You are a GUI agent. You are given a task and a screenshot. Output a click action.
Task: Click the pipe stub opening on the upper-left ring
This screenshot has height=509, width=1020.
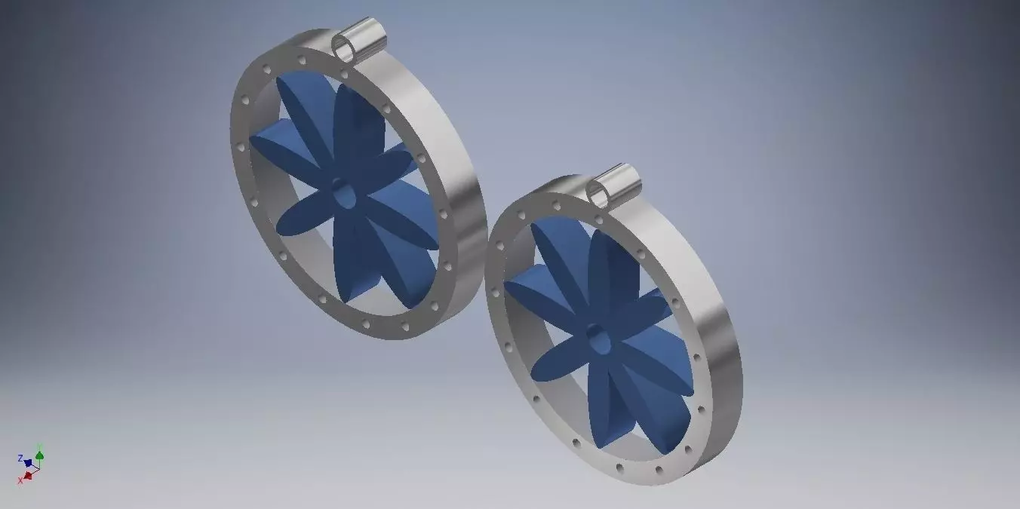[x=346, y=49]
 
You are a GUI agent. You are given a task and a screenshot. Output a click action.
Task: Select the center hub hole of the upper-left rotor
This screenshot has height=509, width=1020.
[x=343, y=195]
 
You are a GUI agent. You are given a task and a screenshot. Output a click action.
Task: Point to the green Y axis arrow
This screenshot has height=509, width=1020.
[x=39, y=455]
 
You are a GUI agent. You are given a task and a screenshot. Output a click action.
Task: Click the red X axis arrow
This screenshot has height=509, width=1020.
[x=29, y=475]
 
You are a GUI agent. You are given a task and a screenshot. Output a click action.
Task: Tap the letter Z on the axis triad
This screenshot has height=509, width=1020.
[x=20, y=458]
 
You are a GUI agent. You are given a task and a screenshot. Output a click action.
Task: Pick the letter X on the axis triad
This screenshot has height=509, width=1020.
[x=20, y=480]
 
